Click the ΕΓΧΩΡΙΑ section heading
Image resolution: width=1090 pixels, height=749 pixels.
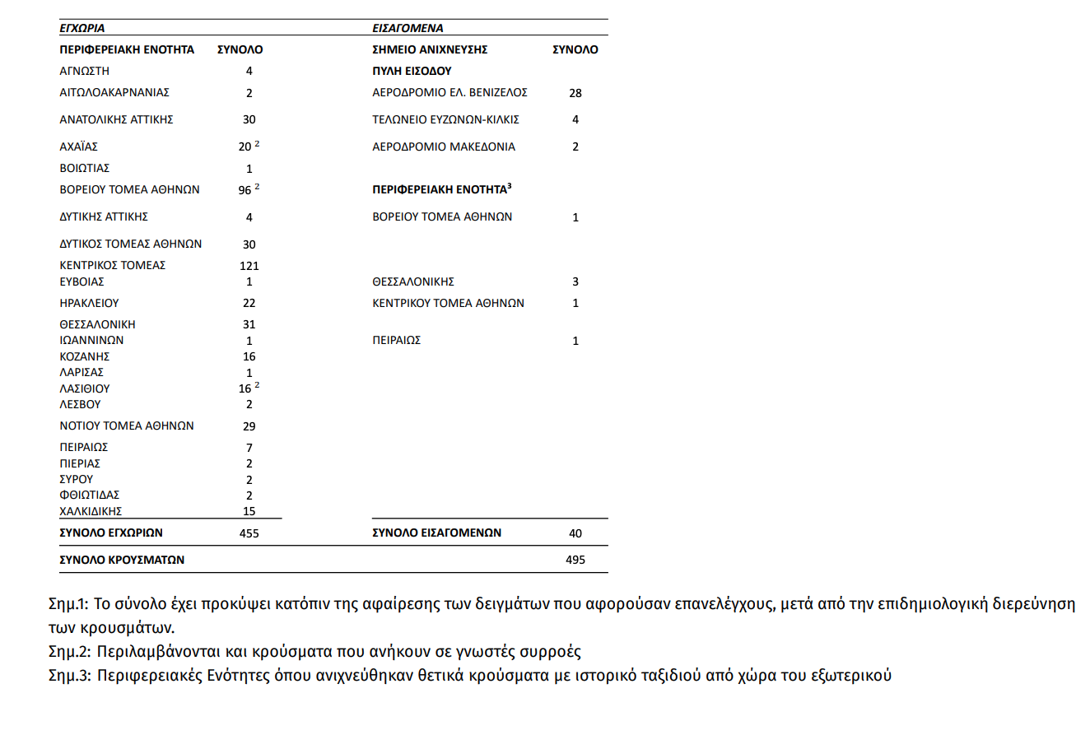[x=82, y=28]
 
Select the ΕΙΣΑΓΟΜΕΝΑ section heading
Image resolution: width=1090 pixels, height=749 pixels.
[x=408, y=28]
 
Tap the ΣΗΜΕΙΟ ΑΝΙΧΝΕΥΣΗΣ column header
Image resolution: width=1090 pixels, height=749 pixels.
[x=430, y=49]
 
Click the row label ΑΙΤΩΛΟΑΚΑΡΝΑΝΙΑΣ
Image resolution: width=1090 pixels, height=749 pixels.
[x=114, y=92]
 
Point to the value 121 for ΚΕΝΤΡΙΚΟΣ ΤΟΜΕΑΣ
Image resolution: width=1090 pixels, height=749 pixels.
[x=249, y=266]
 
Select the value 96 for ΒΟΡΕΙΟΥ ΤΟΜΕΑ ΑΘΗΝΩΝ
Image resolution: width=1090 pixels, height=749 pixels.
[x=245, y=190]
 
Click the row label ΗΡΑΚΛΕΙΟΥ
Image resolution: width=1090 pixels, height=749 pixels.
[x=89, y=303]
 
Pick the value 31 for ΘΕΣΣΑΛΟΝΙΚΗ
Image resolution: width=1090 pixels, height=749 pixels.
[x=249, y=324]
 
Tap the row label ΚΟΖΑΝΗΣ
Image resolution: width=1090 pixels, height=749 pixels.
[x=84, y=356]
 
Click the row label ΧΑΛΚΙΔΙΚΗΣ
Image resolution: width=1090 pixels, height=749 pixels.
[x=91, y=511]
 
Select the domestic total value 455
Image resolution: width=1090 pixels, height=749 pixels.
[x=249, y=533]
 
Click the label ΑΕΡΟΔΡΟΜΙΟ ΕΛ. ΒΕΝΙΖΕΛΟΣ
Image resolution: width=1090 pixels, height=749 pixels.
[x=450, y=92]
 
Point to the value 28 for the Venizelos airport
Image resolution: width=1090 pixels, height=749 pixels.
[x=575, y=93]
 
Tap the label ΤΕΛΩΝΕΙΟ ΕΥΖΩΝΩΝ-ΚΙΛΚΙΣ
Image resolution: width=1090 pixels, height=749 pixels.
[x=445, y=119]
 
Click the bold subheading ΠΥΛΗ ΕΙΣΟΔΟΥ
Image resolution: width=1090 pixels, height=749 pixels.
[x=412, y=71]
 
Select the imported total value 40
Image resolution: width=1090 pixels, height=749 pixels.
[x=575, y=533]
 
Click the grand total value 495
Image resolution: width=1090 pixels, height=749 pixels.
[x=575, y=560]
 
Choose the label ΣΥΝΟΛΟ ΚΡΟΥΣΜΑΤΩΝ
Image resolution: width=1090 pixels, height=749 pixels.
[x=122, y=560]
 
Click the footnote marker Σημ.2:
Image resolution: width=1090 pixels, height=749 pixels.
[x=69, y=652]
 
